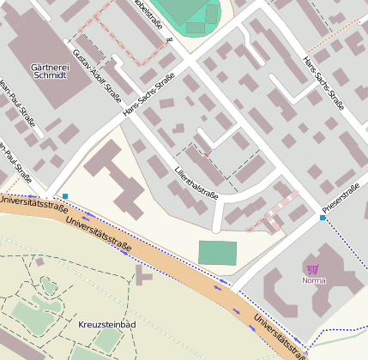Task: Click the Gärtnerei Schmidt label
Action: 48,70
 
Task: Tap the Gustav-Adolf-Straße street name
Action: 96,75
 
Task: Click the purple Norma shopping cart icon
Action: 313,269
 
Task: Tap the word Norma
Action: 314,280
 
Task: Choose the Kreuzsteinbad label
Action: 106,327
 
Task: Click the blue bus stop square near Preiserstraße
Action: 323,219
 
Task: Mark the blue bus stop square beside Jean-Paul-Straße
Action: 65,197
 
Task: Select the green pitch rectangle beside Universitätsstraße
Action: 217,253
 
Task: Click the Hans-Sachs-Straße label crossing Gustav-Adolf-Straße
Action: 149,96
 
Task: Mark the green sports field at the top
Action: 184,10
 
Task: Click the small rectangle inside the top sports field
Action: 196,27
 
